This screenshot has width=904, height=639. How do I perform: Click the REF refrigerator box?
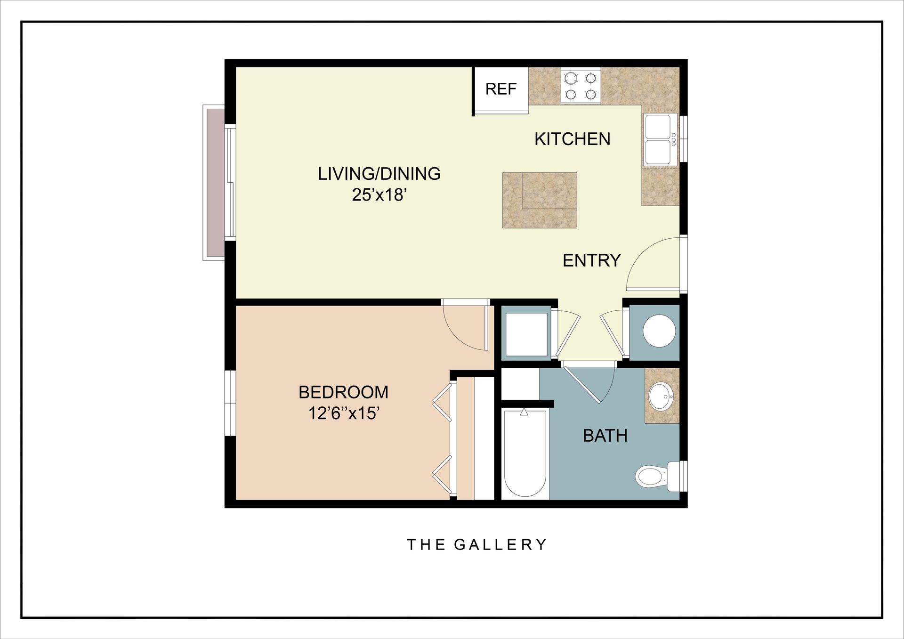click(x=500, y=89)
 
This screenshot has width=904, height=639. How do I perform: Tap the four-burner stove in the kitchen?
click(x=581, y=86)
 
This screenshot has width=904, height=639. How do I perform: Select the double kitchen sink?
click(x=660, y=139)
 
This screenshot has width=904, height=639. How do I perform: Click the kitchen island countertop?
click(x=540, y=201)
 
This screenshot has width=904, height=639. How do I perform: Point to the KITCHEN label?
click(x=572, y=139)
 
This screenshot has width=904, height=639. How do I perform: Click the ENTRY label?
click(x=591, y=260)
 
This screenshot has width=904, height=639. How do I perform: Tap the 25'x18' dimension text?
click(x=379, y=194)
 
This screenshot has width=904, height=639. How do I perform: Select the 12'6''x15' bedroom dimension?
click(x=344, y=413)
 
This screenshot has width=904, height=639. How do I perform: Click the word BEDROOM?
click(x=344, y=392)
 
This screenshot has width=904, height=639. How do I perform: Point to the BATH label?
click(x=605, y=436)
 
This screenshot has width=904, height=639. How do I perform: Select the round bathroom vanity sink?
click(x=662, y=396)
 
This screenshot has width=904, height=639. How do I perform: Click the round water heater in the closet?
click(x=659, y=331)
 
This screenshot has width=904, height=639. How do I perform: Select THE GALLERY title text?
click(x=476, y=545)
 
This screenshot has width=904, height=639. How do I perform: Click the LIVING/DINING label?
click(x=379, y=174)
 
